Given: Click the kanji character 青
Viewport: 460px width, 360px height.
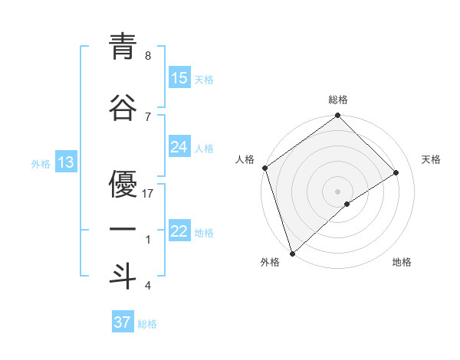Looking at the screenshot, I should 123,47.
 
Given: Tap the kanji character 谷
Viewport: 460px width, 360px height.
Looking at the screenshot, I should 123,107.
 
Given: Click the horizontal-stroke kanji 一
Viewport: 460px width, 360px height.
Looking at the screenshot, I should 123,230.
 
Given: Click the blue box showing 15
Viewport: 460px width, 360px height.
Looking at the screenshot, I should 179,79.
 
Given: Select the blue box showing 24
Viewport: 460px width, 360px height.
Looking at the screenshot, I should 179,148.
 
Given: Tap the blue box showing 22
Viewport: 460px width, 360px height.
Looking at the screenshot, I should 179,232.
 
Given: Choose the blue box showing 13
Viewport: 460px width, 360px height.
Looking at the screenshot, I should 65,162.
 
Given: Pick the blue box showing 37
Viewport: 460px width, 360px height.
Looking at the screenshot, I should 123,323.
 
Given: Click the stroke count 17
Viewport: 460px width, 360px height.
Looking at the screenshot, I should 148,194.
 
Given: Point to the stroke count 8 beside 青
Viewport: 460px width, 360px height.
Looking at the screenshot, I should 147,56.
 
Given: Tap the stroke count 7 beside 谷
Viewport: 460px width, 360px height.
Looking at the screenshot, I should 147,116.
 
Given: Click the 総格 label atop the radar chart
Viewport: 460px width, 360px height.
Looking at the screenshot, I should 338,100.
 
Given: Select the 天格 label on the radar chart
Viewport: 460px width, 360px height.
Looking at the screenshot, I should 431,159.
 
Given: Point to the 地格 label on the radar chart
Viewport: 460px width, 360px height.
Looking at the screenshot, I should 402,262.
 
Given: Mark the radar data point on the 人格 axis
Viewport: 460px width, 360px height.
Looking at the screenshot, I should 264,168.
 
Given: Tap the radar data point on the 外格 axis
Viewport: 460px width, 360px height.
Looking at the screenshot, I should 291,253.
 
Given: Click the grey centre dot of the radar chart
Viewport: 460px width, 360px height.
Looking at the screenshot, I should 337,191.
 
